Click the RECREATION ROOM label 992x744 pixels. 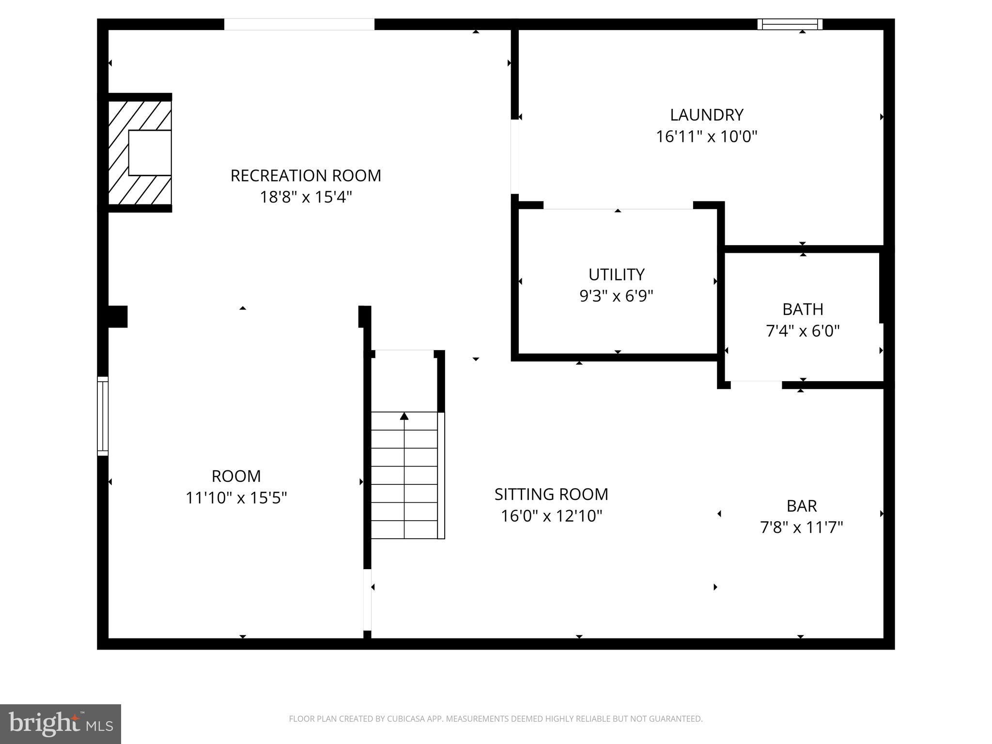point(306,175)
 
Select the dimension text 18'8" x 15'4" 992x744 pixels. point(306,197)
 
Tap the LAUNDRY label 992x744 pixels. point(706,115)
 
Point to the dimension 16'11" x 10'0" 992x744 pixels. point(706,137)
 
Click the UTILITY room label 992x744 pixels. point(616,275)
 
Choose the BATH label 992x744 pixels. point(803,309)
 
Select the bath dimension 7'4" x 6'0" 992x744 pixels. point(803,331)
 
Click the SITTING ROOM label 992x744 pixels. point(551,494)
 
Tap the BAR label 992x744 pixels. point(802,506)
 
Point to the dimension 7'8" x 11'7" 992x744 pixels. point(802,527)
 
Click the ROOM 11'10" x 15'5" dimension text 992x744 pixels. point(236,497)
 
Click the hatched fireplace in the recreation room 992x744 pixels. point(139,153)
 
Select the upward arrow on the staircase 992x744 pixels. point(404,417)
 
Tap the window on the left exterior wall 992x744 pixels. point(103,416)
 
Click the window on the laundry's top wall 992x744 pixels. point(790,24)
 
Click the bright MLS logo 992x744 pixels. point(61,724)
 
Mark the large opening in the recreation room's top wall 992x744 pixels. point(299,24)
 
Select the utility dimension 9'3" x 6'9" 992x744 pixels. point(616,295)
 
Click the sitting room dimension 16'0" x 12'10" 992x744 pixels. point(551,516)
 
